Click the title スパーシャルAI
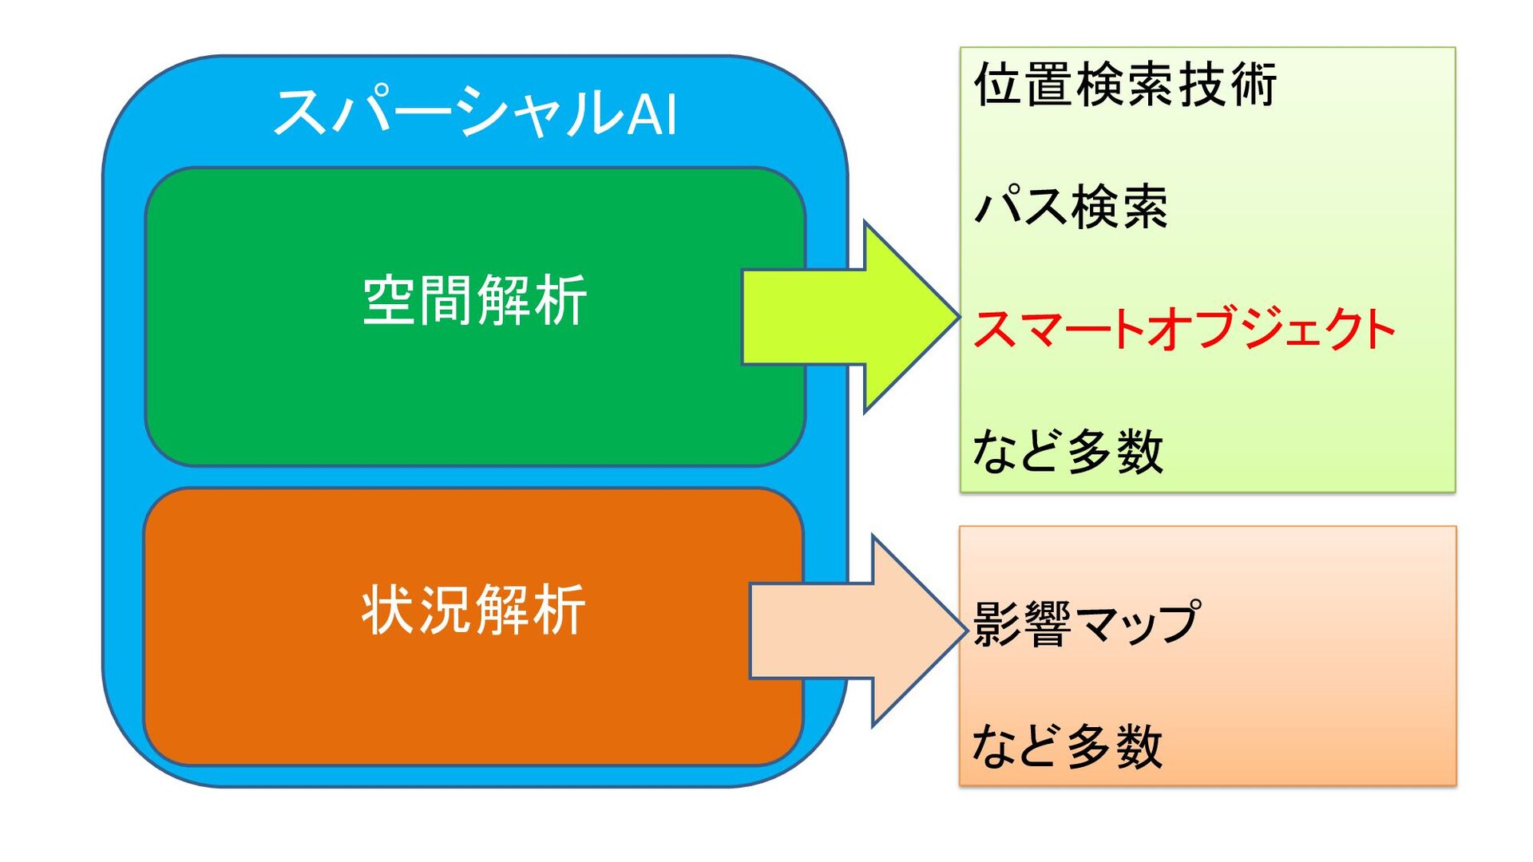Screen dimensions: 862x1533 coord(475,112)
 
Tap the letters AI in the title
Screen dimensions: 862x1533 coord(652,114)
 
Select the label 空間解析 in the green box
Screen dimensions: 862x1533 coord(475,300)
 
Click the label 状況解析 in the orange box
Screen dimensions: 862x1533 coord(474,611)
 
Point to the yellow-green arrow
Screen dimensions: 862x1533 coord(846,317)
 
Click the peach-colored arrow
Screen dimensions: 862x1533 coord(854,631)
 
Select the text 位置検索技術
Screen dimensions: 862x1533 coord(1125,85)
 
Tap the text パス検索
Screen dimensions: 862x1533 coord(1071,207)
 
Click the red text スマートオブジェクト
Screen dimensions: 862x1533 coord(1184,329)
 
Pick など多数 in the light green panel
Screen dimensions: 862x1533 coord(1068,451)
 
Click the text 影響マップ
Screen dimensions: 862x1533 coord(1086,623)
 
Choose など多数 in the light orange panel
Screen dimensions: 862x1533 coord(1068,746)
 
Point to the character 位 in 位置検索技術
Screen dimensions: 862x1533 coord(998,85)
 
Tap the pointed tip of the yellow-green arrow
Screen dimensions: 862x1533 coord(955,317)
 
